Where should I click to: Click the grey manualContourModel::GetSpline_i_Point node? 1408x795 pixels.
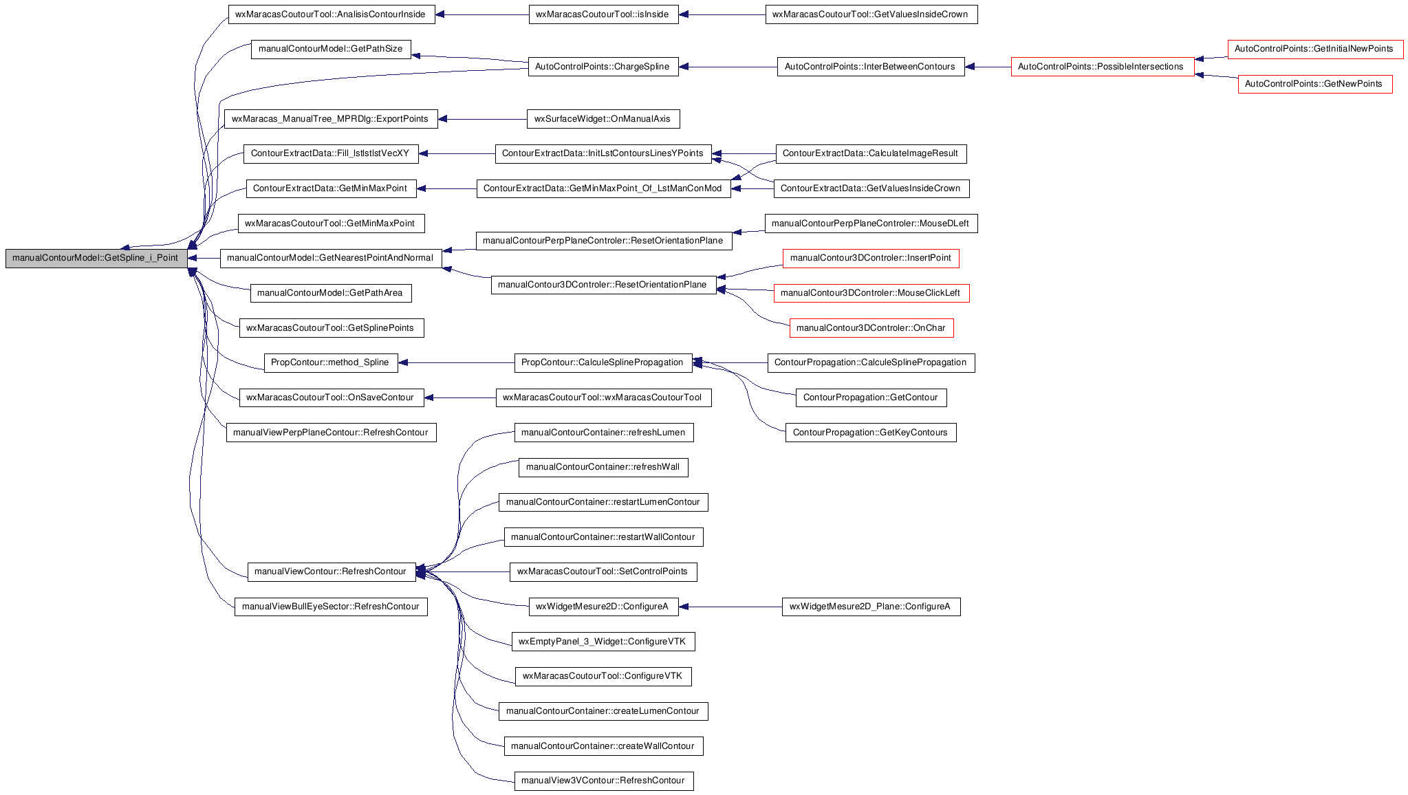[96, 259]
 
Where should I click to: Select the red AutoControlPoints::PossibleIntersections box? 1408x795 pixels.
[1103, 67]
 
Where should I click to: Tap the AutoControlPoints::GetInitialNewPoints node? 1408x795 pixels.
[1315, 49]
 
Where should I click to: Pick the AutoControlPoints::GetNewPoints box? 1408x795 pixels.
[1315, 84]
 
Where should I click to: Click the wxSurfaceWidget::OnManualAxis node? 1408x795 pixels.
[603, 119]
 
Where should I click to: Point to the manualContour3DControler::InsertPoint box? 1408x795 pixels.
[871, 259]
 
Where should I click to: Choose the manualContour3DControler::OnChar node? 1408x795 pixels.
[871, 328]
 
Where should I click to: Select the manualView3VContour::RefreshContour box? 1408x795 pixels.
[604, 781]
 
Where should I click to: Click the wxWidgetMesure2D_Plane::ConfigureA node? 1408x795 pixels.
[871, 607]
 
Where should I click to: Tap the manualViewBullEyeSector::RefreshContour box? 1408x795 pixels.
[331, 607]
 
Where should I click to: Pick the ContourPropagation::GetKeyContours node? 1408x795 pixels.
[871, 433]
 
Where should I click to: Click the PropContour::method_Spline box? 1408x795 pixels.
[331, 363]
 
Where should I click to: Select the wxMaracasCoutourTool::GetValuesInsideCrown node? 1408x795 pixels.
[871, 14]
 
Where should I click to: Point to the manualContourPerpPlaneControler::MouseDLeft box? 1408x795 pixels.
[871, 224]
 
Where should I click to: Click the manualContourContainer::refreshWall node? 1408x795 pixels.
[603, 468]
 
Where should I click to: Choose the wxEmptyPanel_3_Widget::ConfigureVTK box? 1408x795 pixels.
[603, 642]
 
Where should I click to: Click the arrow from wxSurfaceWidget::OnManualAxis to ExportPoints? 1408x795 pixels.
[482, 119]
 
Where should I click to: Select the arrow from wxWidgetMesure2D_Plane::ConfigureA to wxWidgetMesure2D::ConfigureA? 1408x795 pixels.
[730, 607]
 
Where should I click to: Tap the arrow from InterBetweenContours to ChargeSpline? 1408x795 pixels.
[728, 67]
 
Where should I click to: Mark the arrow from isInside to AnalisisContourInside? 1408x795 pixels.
[482, 14]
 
